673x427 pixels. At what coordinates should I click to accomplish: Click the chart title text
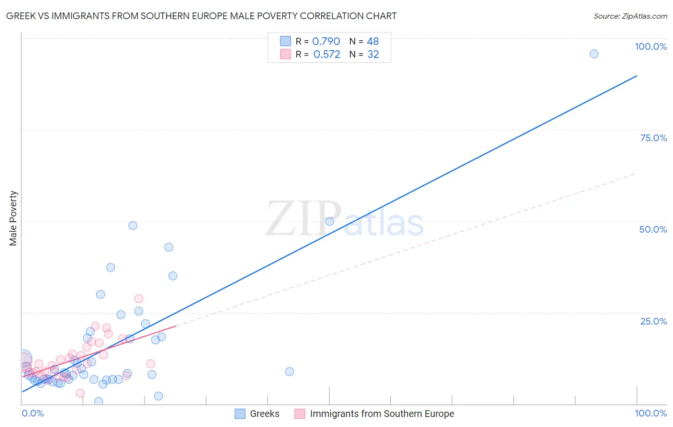tap(201, 16)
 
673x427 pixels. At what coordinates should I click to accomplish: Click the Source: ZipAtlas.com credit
tap(630, 16)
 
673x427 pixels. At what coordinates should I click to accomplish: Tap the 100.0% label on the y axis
tap(651, 46)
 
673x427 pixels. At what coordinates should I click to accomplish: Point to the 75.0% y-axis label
tap(653, 138)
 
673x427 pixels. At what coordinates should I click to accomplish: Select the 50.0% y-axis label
tap(653, 229)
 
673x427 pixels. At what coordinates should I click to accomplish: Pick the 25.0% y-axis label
tap(653, 321)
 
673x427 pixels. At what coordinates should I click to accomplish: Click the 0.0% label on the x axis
tap(33, 413)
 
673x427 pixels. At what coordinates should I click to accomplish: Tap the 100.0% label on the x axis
tap(651, 413)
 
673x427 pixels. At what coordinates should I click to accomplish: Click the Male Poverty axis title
tap(13, 218)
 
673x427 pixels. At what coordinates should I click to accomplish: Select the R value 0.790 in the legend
tap(326, 42)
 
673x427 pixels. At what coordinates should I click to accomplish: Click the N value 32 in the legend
tap(373, 55)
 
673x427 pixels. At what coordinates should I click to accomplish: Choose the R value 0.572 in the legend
tap(326, 55)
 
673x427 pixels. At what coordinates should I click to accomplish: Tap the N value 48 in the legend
tap(372, 42)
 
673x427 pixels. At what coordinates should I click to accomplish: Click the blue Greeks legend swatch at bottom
tap(240, 414)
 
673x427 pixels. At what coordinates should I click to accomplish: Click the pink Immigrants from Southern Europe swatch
tap(300, 414)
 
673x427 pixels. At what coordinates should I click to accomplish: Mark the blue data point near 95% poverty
tap(594, 54)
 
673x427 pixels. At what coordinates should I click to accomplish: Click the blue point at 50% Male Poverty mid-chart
tap(329, 221)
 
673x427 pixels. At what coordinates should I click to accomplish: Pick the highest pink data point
tap(139, 299)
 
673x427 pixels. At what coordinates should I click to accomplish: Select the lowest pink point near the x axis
tap(80, 393)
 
